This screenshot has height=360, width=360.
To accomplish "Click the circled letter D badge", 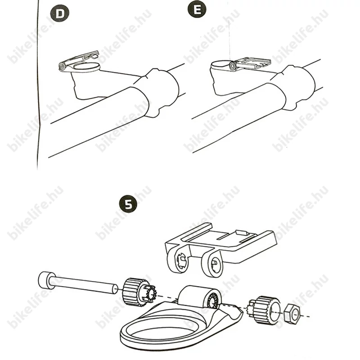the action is tap(60, 13).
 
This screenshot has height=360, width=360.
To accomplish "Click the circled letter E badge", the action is tap(197, 9).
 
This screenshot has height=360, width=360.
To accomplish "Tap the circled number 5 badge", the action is tap(128, 204).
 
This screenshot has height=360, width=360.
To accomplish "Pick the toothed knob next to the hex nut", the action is tap(265, 310).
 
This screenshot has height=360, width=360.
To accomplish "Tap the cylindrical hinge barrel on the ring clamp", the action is tap(199, 297).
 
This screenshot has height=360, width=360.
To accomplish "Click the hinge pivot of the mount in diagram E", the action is tap(232, 66).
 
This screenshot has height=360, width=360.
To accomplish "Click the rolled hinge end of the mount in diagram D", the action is tap(62, 67).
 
